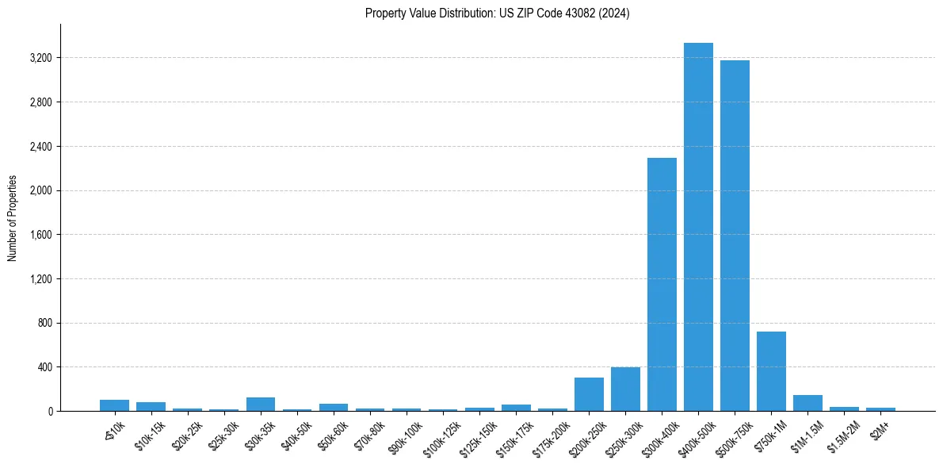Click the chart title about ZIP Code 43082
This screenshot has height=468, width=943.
pyautogui.click(x=497, y=13)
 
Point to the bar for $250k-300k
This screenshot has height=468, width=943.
pyautogui.click(x=625, y=389)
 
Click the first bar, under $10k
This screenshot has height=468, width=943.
pyautogui.click(x=115, y=405)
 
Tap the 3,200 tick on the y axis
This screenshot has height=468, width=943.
pyautogui.click(x=40, y=59)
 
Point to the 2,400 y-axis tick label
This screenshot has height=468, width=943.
pyautogui.click(x=40, y=147)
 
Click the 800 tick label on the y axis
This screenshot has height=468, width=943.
pyautogui.click(x=44, y=324)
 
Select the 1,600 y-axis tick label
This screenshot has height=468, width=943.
pyautogui.click(x=40, y=236)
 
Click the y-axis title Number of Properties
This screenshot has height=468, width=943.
pyautogui.click(x=13, y=218)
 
